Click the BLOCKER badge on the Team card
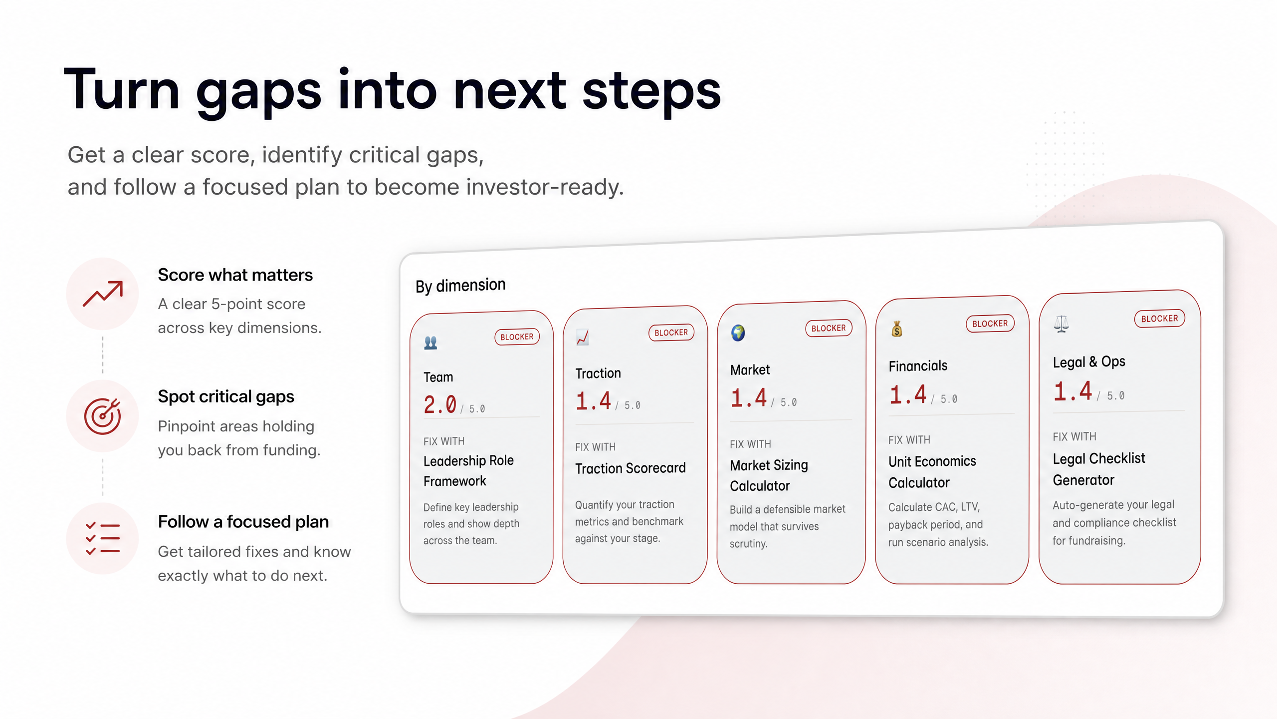[517, 337]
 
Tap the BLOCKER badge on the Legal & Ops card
[1159, 319]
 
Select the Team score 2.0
[440, 404]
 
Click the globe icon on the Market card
[738, 333]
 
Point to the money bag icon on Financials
[897, 329]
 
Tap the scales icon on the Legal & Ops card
[1061, 324]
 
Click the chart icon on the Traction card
[582, 338]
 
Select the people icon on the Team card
[430, 343]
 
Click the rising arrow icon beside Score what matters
[103, 294]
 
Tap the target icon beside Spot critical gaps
[103, 416]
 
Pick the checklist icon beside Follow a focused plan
[103, 538]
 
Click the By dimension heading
[460, 286]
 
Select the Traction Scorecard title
[631, 468]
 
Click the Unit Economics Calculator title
[932, 472]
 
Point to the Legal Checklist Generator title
[1099, 469]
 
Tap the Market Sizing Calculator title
[769, 475]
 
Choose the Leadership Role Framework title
[468, 470]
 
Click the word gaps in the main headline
[258, 92]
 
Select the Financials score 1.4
[908, 394]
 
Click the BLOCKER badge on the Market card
[829, 328]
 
